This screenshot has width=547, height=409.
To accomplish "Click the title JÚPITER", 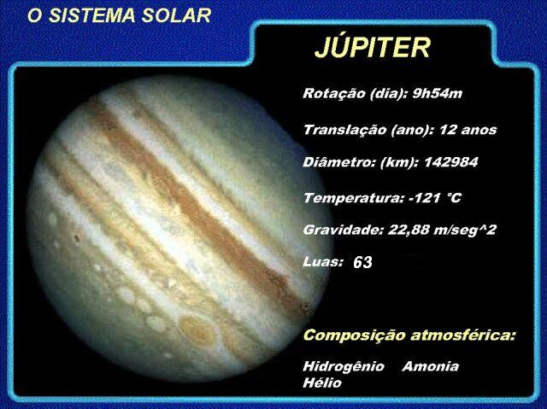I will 372,48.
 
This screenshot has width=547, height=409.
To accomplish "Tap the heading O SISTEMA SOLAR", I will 119,16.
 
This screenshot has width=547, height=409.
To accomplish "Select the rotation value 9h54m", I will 437,93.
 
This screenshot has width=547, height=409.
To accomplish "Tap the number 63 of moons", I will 362,263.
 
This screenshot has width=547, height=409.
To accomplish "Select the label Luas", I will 323,261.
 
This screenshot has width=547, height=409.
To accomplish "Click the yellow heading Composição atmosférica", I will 409,335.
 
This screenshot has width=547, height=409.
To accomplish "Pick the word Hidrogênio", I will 344,366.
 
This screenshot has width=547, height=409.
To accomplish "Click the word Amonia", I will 430,366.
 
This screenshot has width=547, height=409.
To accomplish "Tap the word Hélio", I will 322,383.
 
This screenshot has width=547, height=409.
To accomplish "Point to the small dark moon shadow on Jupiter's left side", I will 76,238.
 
